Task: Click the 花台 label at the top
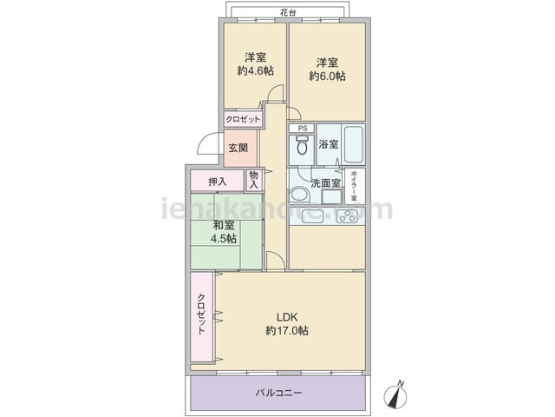(288, 13)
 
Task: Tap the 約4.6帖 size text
(255, 70)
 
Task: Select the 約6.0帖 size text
(327, 76)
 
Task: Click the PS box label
(303, 129)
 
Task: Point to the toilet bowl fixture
(302, 145)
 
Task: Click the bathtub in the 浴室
(354, 144)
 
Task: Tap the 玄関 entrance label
(238, 148)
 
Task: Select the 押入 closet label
(217, 182)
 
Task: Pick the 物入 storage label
(254, 180)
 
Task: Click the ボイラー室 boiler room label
(353, 186)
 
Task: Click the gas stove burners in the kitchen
(347, 216)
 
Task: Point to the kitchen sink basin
(312, 216)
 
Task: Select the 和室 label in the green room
(223, 225)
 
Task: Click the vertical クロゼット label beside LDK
(201, 314)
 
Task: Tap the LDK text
(287, 316)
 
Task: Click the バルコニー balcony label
(278, 393)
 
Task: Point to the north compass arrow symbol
(395, 394)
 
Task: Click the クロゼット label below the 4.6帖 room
(243, 119)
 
